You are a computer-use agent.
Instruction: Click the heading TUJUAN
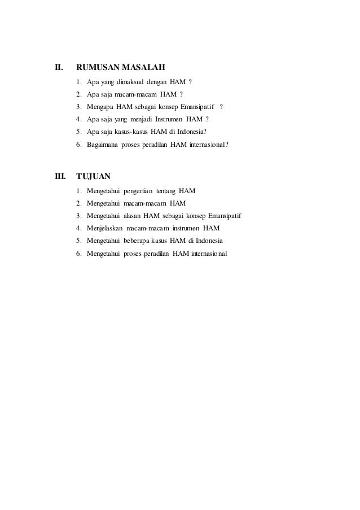click(x=94, y=176)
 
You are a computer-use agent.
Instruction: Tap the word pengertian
click(x=138, y=189)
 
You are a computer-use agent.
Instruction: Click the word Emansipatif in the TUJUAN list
click(x=227, y=215)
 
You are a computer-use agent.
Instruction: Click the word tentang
click(x=166, y=189)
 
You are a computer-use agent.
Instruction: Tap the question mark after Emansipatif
click(x=222, y=107)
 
